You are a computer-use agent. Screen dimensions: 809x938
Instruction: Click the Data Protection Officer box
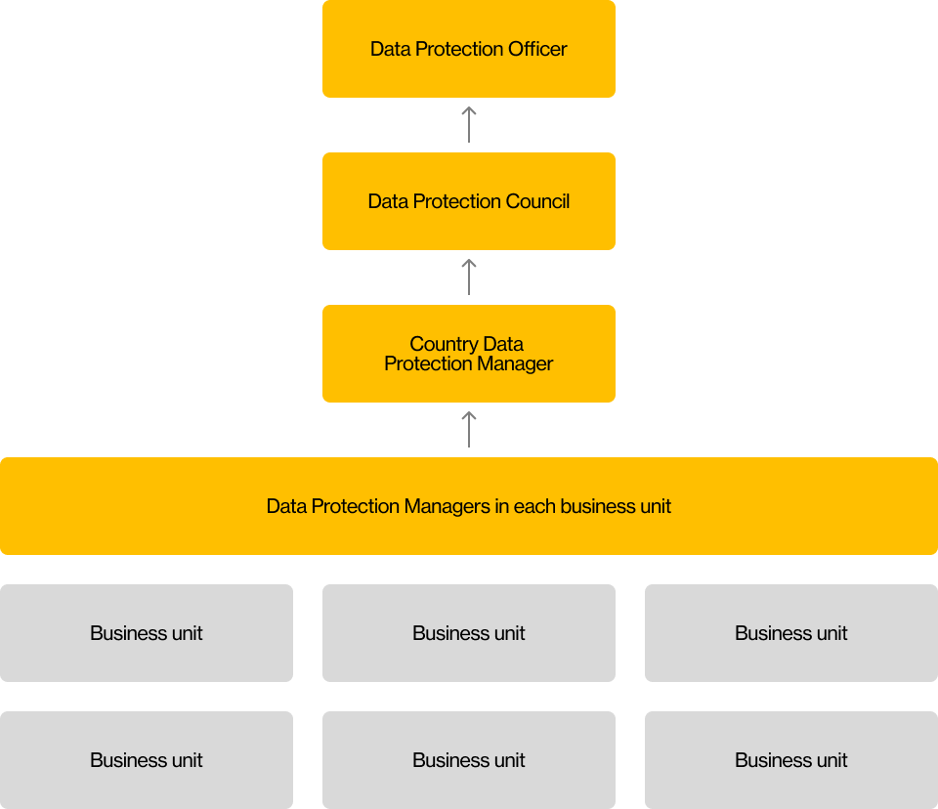pyautogui.click(x=469, y=49)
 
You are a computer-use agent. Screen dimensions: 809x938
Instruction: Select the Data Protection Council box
pyautogui.click(x=469, y=201)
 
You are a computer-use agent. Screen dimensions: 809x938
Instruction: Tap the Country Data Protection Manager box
pyautogui.click(x=469, y=354)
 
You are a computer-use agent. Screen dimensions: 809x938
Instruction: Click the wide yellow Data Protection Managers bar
pyautogui.click(x=469, y=506)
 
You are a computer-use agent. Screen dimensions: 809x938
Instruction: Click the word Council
pyautogui.click(x=537, y=201)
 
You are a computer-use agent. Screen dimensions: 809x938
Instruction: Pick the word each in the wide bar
pyautogui.click(x=534, y=506)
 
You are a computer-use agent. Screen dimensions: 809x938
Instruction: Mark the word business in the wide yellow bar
pyautogui.click(x=598, y=506)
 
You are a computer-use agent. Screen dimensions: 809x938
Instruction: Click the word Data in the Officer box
pyautogui.click(x=389, y=49)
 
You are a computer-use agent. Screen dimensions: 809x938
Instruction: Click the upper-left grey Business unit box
pyautogui.click(x=147, y=633)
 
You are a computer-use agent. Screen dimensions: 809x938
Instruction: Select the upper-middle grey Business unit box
pyautogui.click(x=469, y=633)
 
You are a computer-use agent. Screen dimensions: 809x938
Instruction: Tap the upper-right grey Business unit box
pyautogui.click(x=791, y=633)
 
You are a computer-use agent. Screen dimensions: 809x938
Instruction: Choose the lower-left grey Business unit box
pyautogui.click(x=147, y=760)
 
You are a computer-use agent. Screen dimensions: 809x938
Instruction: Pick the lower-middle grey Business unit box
pyautogui.click(x=469, y=760)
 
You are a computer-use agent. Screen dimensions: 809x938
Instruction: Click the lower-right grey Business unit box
pyautogui.click(x=791, y=760)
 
